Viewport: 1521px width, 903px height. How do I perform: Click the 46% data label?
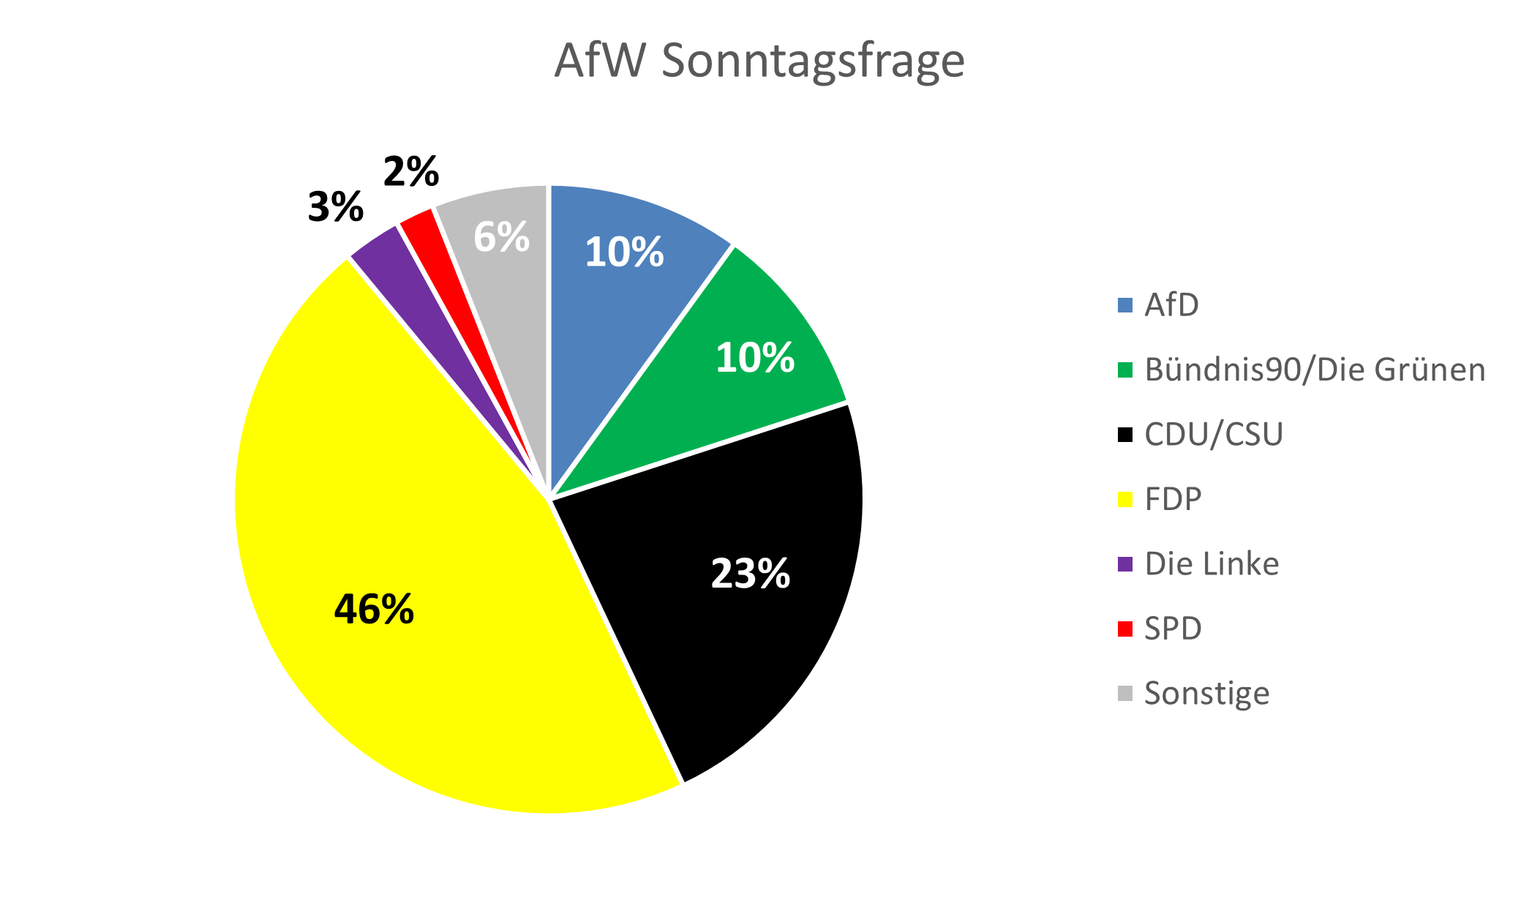pyautogui.click(x=374, y=609)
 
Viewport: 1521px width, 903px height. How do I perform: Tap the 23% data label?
pyautogui.click(x=751, y=573)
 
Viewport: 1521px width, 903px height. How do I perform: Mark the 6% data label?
pyautogui.click(x=501, y=236)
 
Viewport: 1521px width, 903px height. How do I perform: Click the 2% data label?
pyautogui.click(x=411, y=172)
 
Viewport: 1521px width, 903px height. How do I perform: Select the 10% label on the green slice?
pyautogui.click(x=755, y=358)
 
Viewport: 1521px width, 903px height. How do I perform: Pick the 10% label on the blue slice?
pyautogui.click(x=624, y=252)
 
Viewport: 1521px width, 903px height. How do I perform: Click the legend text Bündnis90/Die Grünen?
pyautogui.click(x=1315, y=370)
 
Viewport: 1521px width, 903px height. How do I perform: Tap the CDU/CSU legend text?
pyautogui.click(x=1214, y=434)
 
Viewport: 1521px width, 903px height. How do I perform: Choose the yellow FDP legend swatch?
pyautogui.click(x=1125, y=500)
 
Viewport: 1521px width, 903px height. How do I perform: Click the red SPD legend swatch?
pyautogui.click(x=1125, y=629)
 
